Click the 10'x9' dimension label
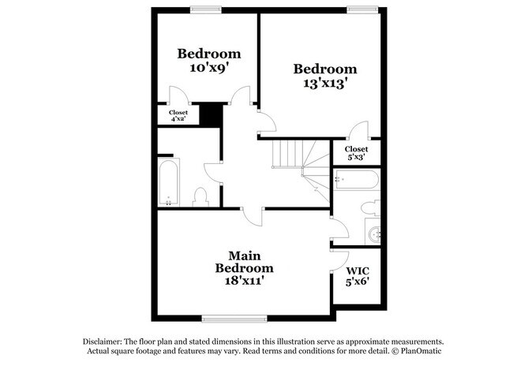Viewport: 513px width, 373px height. (209, 68)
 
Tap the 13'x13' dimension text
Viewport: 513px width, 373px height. (324, 82)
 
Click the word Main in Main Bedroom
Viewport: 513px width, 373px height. (245, 256)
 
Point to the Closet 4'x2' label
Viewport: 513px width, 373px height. (178, 116)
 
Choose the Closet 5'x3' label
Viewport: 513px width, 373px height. (356, 152)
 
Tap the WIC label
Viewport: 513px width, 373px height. (357, 270)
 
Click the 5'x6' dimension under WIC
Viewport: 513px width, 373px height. (357, 282)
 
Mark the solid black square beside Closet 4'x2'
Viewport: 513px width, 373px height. (209, 115)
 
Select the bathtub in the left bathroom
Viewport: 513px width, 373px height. (169, 182)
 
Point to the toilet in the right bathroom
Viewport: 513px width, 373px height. (369, 208)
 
